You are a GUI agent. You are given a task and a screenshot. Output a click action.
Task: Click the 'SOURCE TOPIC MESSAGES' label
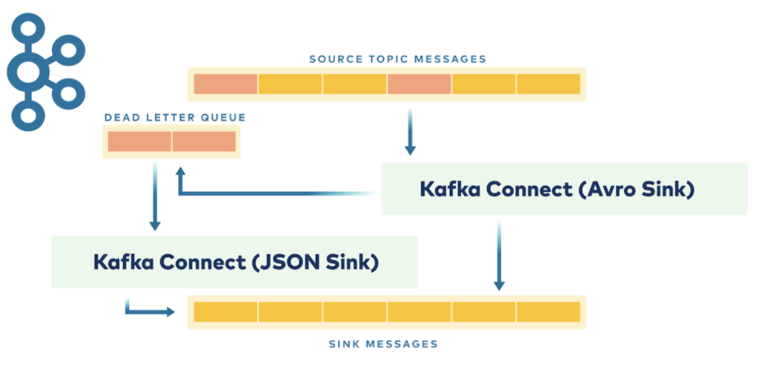[x=398, y=60]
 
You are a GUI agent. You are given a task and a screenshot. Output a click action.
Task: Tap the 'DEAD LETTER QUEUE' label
[x=175, y=118]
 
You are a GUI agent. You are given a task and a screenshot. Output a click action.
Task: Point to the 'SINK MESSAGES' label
[x=383, y=344]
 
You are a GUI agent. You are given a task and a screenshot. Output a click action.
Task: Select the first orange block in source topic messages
[x=226, y=84]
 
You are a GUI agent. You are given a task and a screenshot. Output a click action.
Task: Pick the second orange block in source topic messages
[x=419, y=84]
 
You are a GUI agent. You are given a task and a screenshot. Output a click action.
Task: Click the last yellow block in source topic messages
[x=548, y=84]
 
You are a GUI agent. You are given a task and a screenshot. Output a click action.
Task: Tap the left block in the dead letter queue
[x=139, y=141]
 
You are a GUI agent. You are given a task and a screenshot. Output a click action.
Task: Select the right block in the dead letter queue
[x=204, y=141]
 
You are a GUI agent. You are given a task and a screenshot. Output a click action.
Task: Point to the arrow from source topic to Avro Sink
[x=410, y=132]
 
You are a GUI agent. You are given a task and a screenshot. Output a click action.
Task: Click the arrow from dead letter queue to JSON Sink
[x=155, y=196]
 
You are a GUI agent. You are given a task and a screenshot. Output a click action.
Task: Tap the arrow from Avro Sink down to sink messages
[x=499, y=255]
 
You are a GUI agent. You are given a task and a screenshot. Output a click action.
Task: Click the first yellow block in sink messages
[x=226, y=312]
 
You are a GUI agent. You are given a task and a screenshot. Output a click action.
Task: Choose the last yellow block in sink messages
[x=548, y=312]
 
